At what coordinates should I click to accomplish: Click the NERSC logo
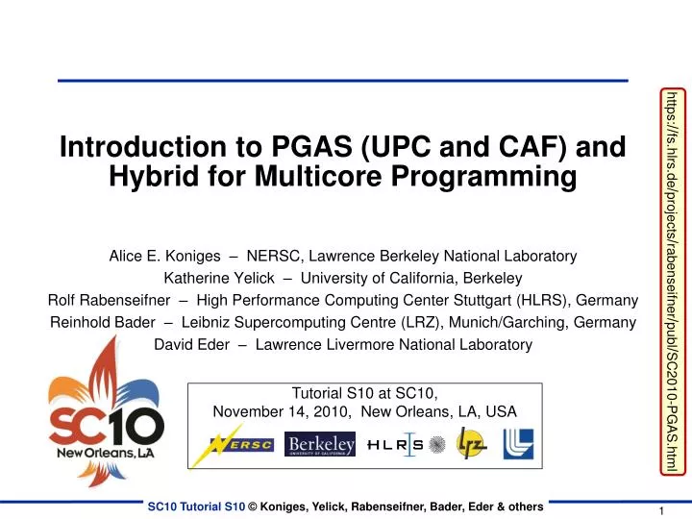(x=242, y=444)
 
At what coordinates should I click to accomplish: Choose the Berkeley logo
(x=320, y=444)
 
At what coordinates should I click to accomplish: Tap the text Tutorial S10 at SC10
(x=364, y=392)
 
